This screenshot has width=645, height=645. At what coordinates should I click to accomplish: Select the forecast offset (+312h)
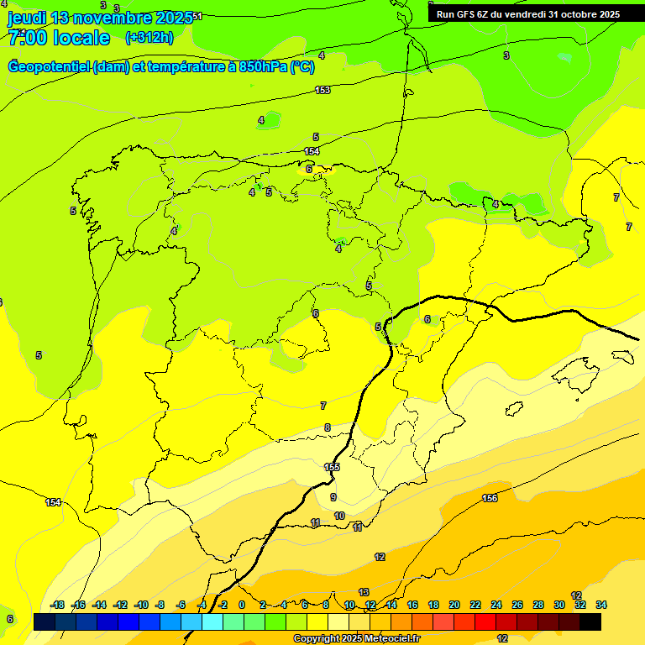point(149,38)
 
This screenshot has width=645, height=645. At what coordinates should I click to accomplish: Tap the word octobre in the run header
point(572,14)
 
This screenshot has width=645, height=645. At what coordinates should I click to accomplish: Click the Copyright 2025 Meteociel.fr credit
point(356,639)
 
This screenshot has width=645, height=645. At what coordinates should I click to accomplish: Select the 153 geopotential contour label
point(322,90)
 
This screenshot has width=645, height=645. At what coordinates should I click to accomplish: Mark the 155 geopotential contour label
point(332,467)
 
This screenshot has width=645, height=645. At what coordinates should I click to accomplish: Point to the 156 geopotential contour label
point(490,499)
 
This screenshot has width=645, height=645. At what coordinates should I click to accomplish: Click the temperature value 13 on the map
point(364,592)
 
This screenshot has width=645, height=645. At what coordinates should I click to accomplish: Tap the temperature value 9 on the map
point(333,497)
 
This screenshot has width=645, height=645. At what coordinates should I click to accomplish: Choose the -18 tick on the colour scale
point(57,605)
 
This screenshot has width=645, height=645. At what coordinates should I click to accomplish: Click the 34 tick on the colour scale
point(601,605)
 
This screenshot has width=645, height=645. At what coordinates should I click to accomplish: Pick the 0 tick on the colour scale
point(242,605)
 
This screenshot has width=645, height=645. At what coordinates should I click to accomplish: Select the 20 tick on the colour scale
point(454,605)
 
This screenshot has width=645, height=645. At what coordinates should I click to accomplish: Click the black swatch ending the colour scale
point(590,622)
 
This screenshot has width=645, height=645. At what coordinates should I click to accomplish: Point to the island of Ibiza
point(514,408)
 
